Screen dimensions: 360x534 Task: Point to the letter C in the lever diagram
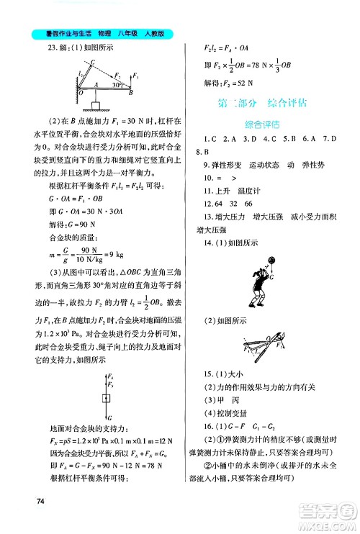(x=94, y=63)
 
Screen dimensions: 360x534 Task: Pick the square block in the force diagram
(x=107, y=398)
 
